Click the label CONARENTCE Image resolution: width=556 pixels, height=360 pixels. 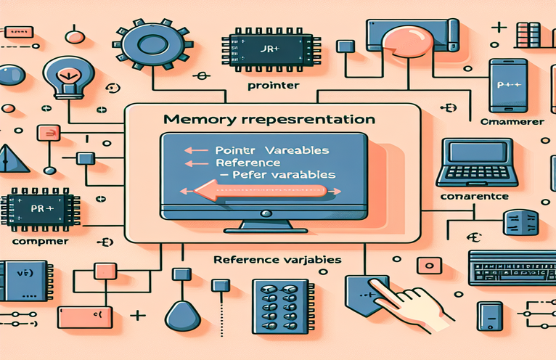coord(475,196)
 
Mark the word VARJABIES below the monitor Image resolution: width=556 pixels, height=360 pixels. coord(313,259)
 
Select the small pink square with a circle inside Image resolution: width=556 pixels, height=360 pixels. coord(49,133)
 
